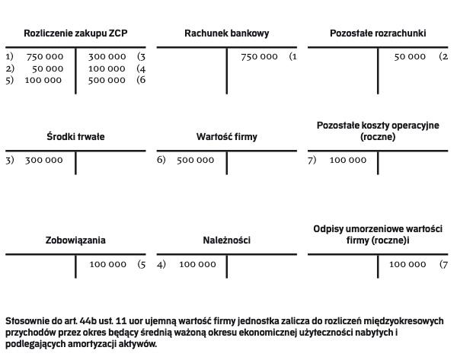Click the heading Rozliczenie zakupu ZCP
click(x=75, y=33)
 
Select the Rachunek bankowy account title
click(x=226, y=33)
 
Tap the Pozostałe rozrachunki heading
click(x=378, y=33)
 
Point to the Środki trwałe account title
click(x=75, y=137)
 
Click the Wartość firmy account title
click(x=226, y=137)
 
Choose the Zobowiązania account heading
click(x=75, y=241)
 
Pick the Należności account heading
click(x=226, y=241)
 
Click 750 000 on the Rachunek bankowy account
click(x=259, y=57)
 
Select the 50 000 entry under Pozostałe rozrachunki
click(x=410, y=57)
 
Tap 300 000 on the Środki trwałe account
click(x=43, y=161)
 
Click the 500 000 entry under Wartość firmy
click(x=195, y=161)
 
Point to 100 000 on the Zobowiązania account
click(x=107, y=265)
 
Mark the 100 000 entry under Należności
click(x=197, y=265)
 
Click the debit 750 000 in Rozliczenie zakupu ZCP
click(x=44, y=57)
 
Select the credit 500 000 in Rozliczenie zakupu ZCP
click(x=107, y=81)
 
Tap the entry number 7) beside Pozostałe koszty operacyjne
click(x=312, y=161)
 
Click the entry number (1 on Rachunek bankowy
click(x=292, y=57)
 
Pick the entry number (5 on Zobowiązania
click(x=141, y=265)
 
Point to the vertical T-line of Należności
click(x=226, y=266)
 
